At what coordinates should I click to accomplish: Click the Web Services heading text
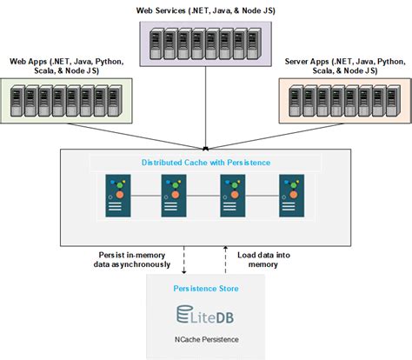coord(206,10)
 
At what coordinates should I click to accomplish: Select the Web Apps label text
coord(68,67)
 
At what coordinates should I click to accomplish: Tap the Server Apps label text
coord(344,67)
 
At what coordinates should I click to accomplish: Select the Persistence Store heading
coord(205,287)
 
